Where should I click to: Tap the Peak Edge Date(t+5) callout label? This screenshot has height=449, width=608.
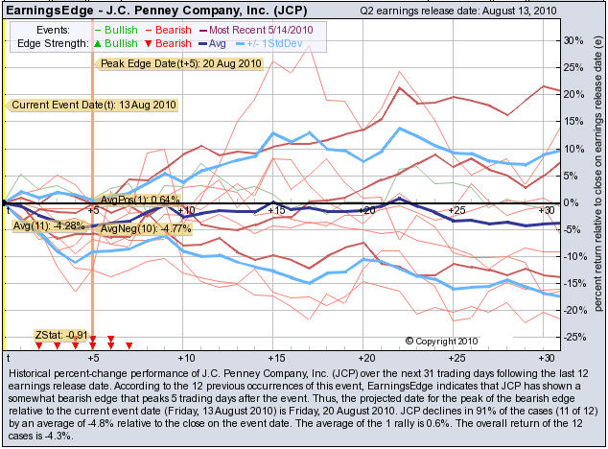pos(179,63)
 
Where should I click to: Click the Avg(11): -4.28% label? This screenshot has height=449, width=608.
pos(47,225)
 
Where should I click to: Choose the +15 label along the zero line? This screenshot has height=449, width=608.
pos(276,209)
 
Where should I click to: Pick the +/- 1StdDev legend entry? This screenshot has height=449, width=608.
pos(278,44)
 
